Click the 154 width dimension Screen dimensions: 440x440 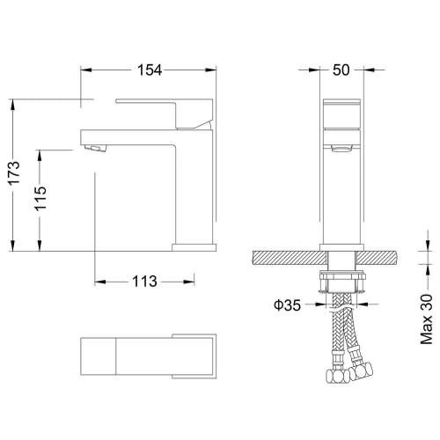(150, 70)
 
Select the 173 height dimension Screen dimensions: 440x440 (13, 172)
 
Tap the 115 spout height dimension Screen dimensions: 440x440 (40, 198)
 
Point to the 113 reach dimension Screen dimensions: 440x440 (144, 282)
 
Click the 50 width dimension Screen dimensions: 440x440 (341, 70)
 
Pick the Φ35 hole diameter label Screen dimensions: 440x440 (287, 305)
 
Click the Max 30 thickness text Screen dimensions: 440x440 (427, 319)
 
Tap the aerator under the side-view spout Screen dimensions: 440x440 (94, 149)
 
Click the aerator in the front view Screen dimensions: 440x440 (341, 149)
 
